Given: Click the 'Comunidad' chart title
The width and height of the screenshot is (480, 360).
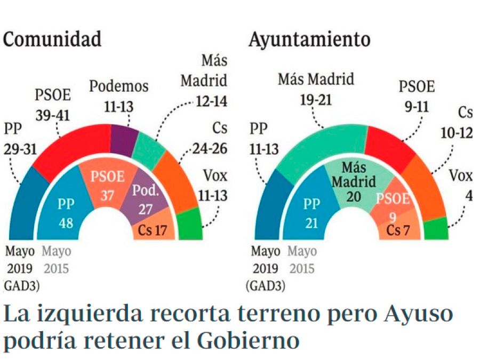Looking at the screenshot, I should point(52,39).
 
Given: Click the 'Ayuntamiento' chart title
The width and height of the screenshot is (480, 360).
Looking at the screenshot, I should point(309,39).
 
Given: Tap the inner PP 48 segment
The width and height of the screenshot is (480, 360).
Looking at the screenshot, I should point(66,210).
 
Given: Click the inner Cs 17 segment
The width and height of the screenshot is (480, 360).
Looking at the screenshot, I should point(153,231).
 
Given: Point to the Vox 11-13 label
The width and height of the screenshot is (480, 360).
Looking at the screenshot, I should point(215,186).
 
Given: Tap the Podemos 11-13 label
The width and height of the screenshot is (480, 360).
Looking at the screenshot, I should point(118,95).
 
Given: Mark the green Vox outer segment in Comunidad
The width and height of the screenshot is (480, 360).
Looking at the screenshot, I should point(189,224).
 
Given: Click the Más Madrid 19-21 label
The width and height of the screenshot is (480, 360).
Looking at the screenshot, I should point(316,89).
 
